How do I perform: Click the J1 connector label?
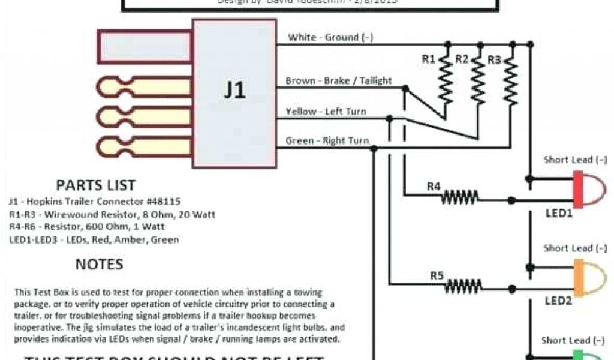[x=234, y=91]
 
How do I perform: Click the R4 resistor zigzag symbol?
[x=460, y=196]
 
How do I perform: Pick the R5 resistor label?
[x=437, y=276]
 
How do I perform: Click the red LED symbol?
[x=588, y=190]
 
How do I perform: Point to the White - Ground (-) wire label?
[x=330, y=37]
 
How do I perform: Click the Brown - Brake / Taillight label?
[x=339, y=80]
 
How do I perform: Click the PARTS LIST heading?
[x=96, y=185]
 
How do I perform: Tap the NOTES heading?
[x=99, y=264]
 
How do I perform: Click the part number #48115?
[x=160, y=202]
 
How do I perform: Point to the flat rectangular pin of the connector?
[x=145, y=47]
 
